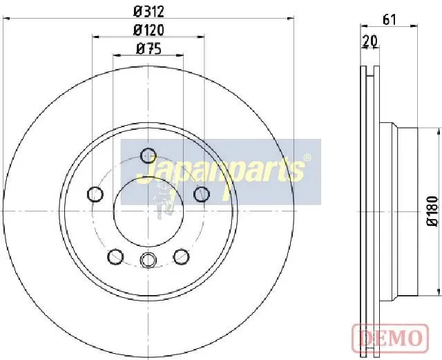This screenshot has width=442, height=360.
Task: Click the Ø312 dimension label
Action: [x=148, y=12]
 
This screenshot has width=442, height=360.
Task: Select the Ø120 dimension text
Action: [x=148, y=30]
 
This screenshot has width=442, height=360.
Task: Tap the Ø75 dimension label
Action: [x=148, y=49]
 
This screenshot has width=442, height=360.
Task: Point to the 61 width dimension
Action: [x=390, y=20]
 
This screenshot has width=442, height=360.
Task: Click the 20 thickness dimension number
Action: [x=370, y=41]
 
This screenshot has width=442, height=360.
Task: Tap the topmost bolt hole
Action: [x=148, y=155]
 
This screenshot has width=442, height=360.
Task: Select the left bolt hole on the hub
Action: [x=95, y=194]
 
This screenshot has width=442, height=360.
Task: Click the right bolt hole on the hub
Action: [x=202, y=194]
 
